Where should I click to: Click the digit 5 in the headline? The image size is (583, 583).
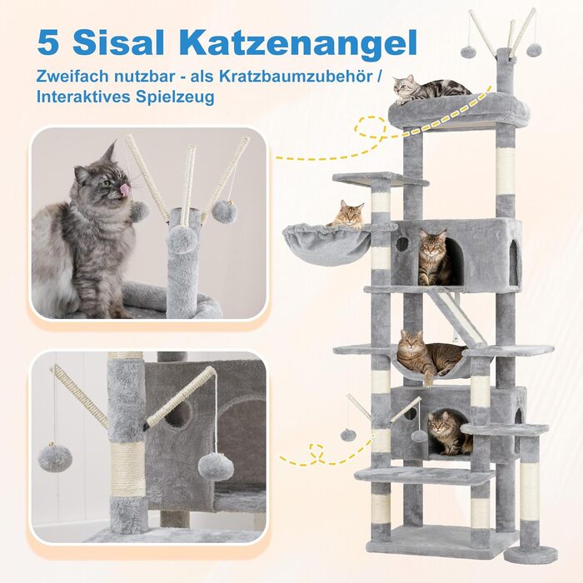48,42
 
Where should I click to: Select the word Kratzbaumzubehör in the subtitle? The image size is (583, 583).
296,76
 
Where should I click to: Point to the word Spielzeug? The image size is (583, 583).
175,97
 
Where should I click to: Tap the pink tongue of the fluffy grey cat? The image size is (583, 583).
123,189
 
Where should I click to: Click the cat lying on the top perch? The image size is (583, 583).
431,89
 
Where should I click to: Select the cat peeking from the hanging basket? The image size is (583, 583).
346,214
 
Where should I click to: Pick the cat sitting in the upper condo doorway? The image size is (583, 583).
433,257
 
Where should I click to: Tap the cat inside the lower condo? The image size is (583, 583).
448,434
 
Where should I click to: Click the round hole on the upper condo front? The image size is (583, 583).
402,244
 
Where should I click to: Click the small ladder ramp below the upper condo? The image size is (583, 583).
455,318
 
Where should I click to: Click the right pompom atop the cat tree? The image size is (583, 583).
534,50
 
